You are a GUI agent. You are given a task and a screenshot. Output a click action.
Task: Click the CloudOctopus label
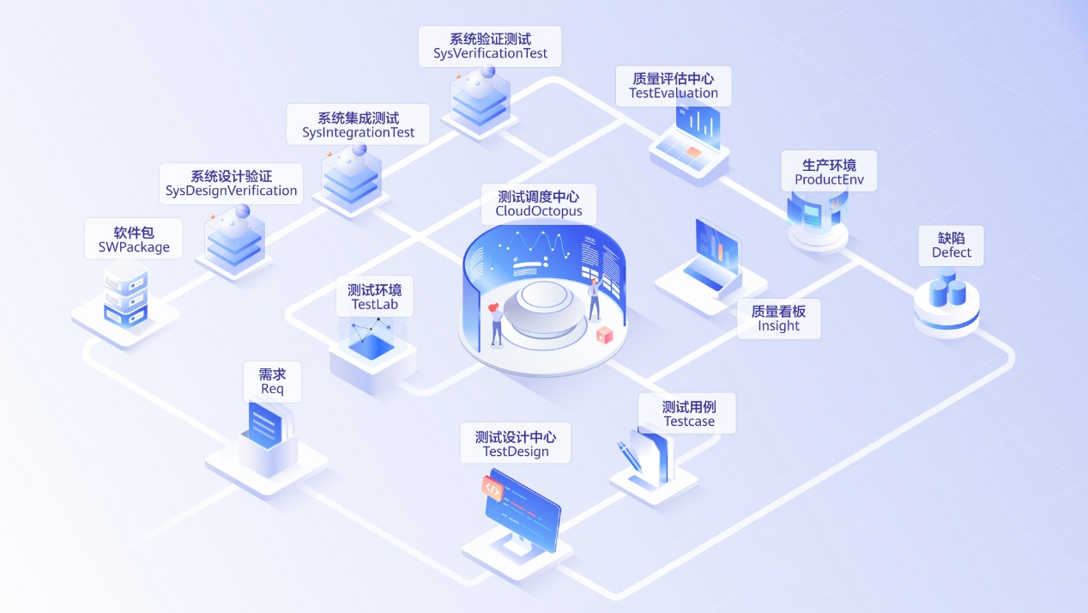pyautogui.click(x=538, y=204)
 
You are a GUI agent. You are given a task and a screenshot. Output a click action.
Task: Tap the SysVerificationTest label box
pyautogui.click(x=490, y=46)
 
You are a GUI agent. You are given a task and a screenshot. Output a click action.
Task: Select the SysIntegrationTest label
pyautogui.click(x=358, y=125)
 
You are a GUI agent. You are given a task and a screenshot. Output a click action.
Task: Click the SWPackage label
pyautogui.click(x=134, y=240)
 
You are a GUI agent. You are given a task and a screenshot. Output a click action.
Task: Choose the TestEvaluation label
pyautogui.click(x=674, y=86)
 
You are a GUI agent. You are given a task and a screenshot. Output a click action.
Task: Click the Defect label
pyautogui.click(x=951, y=246)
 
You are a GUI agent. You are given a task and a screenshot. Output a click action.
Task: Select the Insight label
pyautogui.click(x=778, y=319)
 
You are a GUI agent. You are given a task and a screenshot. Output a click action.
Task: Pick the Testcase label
pyautogui.click(x=688, y=414)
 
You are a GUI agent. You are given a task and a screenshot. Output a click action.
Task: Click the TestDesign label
pyautogui.click(x=515, y=444)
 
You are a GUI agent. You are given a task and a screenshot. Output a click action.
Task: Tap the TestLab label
pyautogui.click(x=374, y=297)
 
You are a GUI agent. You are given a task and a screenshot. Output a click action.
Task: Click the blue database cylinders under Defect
pyautogui.click(x=946, y=289)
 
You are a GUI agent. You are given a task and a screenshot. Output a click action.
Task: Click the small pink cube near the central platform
pyautogui.click(x=604, y=336)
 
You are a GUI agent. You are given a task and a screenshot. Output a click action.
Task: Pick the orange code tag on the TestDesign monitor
pyautogui.click(x=493, y=489)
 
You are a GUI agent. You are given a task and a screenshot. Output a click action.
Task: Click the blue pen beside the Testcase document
pyautogui.click(x=631, y=454)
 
